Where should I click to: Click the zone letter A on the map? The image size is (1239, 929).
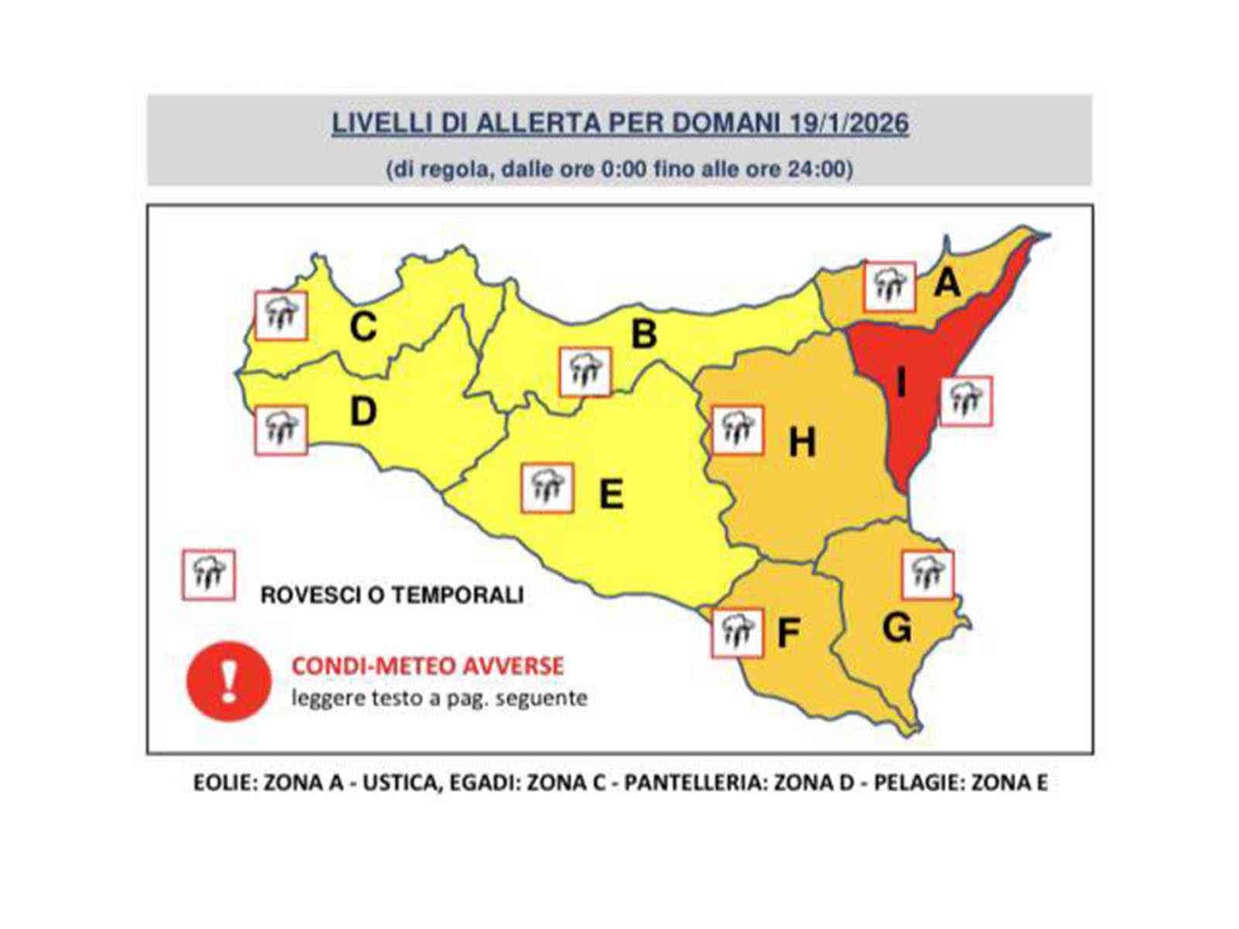946,283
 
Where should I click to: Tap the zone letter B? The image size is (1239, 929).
644,334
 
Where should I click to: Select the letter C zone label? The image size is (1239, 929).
362,326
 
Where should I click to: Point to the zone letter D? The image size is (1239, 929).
362,411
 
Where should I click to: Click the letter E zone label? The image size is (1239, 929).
612,493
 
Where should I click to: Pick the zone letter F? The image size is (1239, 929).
788,633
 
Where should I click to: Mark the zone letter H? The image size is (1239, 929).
801,443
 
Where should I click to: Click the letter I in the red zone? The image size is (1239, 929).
901,382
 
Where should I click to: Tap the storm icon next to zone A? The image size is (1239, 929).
890,287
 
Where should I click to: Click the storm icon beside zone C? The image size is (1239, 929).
281,315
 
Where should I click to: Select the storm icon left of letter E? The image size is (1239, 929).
547,488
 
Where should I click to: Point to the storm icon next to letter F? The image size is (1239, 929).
736,633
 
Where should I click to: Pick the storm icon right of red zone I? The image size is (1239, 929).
966,401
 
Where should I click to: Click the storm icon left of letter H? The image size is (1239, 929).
737,430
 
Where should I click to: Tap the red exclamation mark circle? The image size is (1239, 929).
228,680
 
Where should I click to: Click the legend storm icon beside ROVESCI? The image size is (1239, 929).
208,575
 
